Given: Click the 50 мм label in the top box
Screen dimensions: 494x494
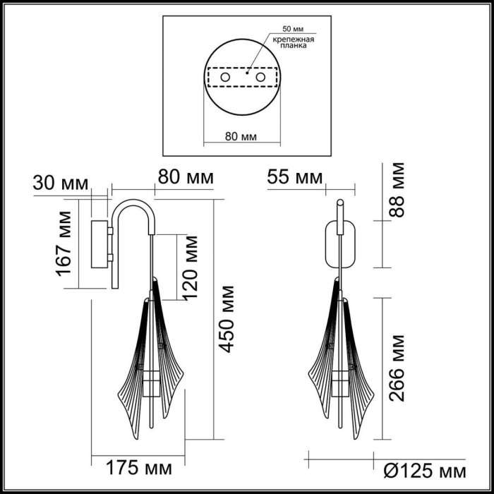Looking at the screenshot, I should [291, 29].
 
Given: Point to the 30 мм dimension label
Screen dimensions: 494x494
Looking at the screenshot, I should [61, 183].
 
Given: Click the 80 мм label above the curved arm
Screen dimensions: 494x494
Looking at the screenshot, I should [186, 178].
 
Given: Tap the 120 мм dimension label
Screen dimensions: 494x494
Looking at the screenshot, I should [191, 267].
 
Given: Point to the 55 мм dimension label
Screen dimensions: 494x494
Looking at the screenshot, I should [294, 178].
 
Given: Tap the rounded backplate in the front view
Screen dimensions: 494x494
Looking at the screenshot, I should [339, 245].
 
